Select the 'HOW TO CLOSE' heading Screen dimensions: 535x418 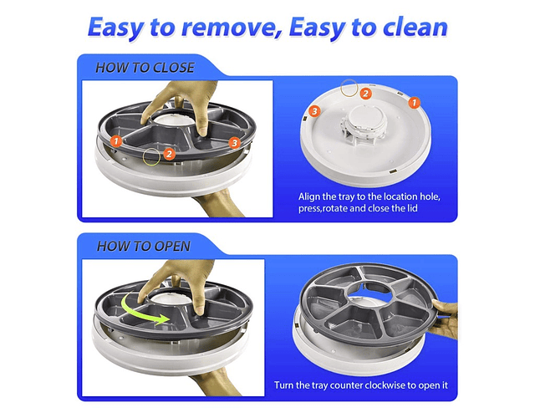tap(145, 68)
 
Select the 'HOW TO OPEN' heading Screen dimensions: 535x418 tap(144, 246)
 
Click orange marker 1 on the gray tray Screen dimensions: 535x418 tap(116, 140)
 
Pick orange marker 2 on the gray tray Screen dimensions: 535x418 tap(169, 154)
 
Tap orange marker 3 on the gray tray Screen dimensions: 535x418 tap(234, 142)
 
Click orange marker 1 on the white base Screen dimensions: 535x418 tap(415, 102)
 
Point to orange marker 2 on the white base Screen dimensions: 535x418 tap(365, 93)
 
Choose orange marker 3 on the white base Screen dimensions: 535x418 tap(314, 111)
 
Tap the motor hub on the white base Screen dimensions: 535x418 tap(364, 125)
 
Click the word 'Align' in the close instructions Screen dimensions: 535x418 tap(309, 196)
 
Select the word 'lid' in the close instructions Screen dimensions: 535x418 tap(412, 208)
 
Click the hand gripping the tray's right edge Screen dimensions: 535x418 tap(444, 318)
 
